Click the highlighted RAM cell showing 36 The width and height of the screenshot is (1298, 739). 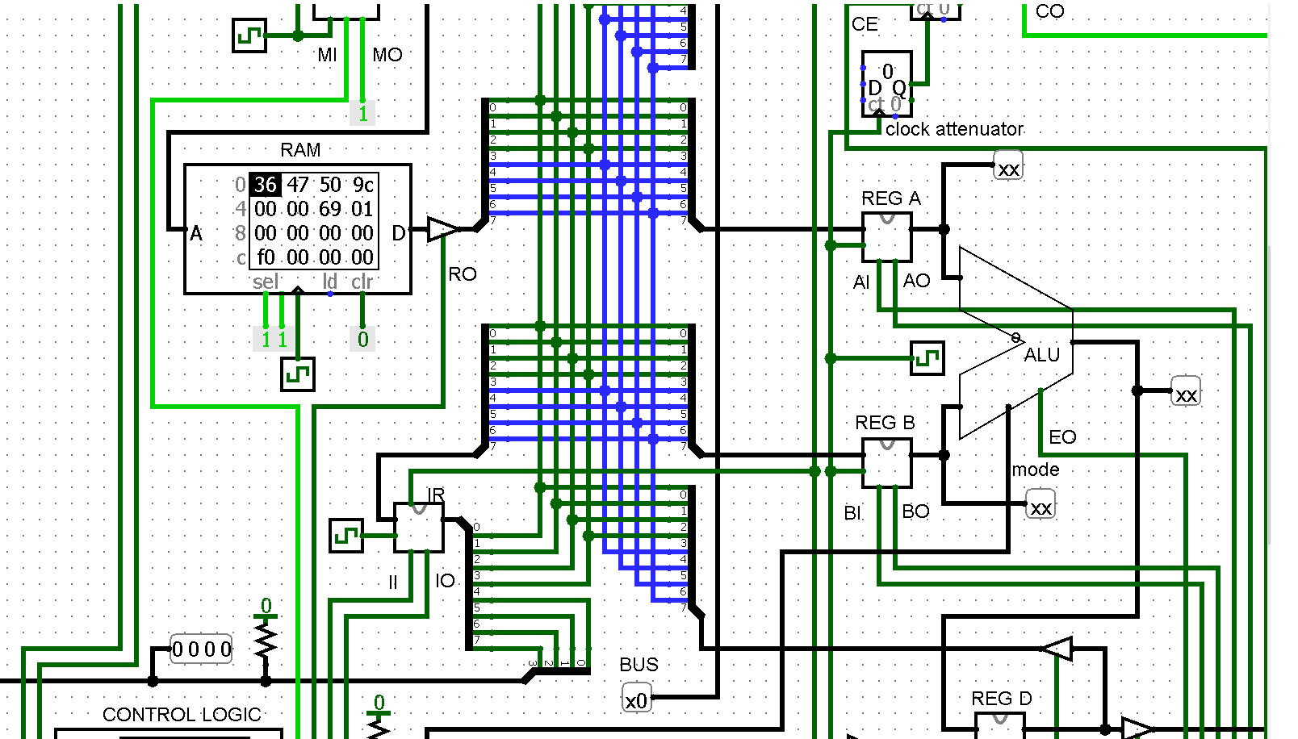click(x=265, y=185)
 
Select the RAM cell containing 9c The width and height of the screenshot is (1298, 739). click(x=362, y=185)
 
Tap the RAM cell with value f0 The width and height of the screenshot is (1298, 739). click(x=265, y=257)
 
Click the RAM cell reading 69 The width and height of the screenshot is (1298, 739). click(x=329, y=209)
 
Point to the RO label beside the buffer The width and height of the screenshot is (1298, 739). click(x=463, y=274)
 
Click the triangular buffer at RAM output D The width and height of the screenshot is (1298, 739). click(x=441, y=229)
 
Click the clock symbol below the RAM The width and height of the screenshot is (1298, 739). click(x=297, y=374)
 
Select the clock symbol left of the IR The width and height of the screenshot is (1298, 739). click(x=346, y=536)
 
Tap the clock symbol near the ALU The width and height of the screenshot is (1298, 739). click(x=927, y=357)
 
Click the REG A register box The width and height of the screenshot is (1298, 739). click(x=886, y=236)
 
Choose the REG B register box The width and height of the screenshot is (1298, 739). click(x=886, y=462)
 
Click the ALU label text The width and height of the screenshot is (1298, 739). click(x=1041, y=355)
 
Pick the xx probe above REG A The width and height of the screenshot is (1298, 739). click(x=1008, y=169)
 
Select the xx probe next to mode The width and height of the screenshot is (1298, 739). click(x=1040, y=507)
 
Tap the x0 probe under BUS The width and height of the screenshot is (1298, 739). click(x=636, y=699)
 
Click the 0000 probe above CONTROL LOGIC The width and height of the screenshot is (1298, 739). click(x=202, y=649)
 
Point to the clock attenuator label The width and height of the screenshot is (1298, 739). click(x=954, y=129)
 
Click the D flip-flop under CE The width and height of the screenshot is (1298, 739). click(x=886, y=83)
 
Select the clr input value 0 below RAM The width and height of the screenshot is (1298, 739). click(x=362, y=339)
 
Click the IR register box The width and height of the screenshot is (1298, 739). click(x=418, y=527)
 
